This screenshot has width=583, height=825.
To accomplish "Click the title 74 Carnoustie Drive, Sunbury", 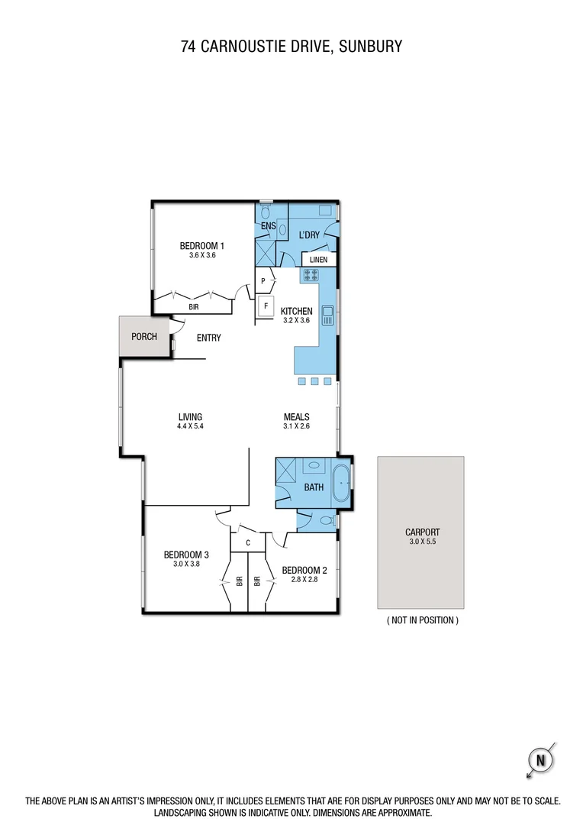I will pos(291,47).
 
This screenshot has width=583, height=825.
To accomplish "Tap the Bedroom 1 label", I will pos(201,245).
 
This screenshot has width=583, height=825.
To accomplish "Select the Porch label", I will pos(143,337).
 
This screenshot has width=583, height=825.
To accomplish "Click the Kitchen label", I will pos(296,311).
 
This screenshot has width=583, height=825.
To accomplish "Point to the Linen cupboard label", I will pos(319,260).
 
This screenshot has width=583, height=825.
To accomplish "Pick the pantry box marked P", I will pos(263,281).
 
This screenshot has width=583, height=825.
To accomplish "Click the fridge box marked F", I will pos(266,306).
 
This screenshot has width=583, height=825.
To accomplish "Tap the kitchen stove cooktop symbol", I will pos(313,275).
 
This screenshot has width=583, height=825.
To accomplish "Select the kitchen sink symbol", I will pos(328,312).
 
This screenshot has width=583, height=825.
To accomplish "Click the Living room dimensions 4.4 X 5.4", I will pos(189,426).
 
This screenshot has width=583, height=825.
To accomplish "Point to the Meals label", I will pos(296,416).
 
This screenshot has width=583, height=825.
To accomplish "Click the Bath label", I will pos(314,487).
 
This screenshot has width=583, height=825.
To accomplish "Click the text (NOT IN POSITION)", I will pos(422,620).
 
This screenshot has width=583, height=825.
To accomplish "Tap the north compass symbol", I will pos(541,759).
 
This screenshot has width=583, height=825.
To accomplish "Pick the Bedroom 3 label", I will pos(186,555).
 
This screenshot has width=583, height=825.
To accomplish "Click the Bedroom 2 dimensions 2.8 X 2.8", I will pos(304,580).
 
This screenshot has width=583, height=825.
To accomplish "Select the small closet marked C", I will pos(247,542).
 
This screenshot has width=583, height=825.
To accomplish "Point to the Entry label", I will pos(208,338).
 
